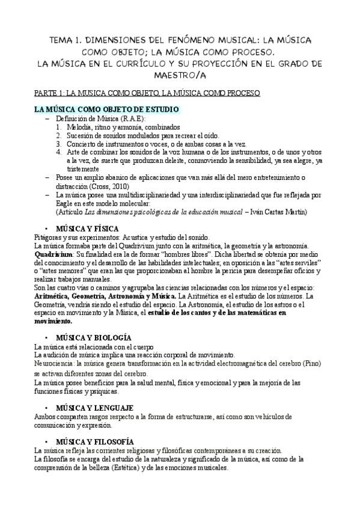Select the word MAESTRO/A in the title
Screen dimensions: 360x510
click(179, 76)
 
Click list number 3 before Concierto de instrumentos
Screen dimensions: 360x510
click(58, 144)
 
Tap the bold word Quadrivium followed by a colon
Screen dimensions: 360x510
click(51, 254)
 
